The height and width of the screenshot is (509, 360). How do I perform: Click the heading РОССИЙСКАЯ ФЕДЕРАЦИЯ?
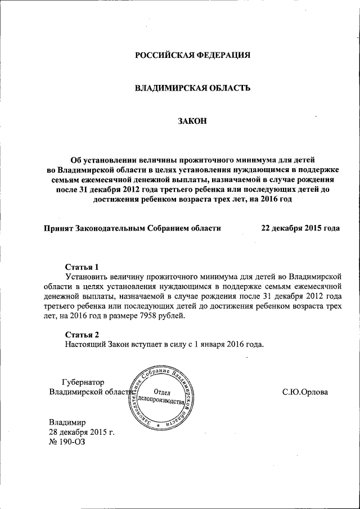pyautogui.click(x=192, y=55)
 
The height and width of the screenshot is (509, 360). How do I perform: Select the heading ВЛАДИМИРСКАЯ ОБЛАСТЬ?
pyautogui.click(x=192, y=88)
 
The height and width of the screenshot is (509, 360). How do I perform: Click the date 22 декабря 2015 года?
pyautogui.click(x=300, y=228)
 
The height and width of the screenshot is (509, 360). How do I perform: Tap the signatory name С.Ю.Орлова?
pyautogui.click(x=305, y=391)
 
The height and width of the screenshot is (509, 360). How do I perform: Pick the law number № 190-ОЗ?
pyautogui.click(x=66, y=442)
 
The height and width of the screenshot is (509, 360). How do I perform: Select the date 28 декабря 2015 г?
pyautogui.click(x=82, y=431)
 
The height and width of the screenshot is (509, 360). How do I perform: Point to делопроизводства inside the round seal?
pyautogui.click(x=163, y=402)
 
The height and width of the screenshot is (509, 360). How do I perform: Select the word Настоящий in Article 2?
pyautogui.click(x=86, y=344)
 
